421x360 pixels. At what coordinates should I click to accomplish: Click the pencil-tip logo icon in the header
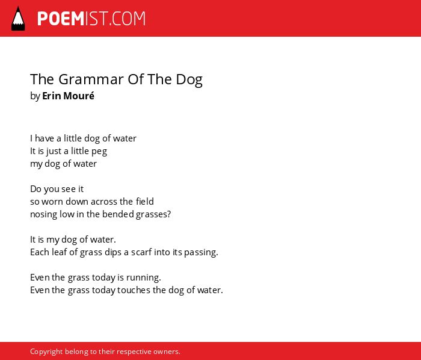click(18, 18)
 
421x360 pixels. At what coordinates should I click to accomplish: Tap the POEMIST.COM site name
click(91, 19)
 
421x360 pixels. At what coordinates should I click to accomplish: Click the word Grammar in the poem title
click(91, 79)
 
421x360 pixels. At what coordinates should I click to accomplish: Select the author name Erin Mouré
click(68, 96)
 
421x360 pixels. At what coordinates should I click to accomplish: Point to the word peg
click(99, 152)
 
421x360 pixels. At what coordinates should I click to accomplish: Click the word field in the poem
click(145, 201)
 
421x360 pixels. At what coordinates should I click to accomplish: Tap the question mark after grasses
click(168, 214)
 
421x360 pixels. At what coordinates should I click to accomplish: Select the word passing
click(201, 252)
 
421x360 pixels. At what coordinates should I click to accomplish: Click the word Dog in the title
click(189, 80)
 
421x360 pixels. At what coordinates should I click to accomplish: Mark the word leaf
click(60, 252)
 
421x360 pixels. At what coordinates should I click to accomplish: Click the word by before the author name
click(35, 96)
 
